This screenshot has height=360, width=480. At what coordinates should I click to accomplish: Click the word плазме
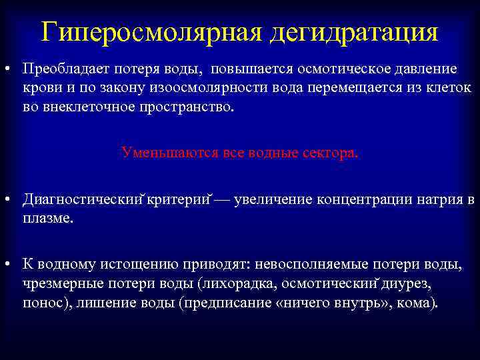47,218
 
